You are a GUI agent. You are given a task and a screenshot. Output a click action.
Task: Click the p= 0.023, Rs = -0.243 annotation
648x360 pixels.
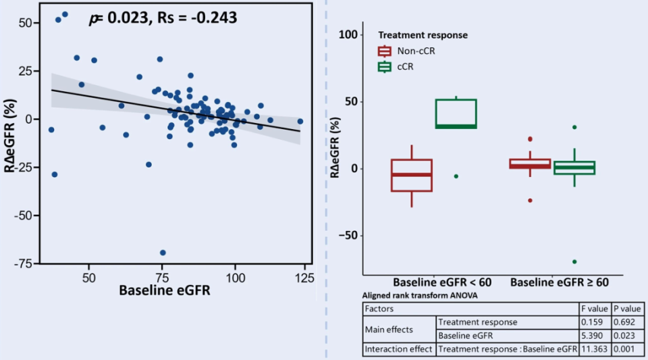163,18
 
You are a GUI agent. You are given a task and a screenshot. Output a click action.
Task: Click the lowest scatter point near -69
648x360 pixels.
163,253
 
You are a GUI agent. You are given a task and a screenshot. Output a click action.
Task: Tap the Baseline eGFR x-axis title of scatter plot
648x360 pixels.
164,292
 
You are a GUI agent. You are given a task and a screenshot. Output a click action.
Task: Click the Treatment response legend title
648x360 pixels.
423,35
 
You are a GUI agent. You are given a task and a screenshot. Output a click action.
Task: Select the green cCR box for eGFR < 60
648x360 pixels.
456,113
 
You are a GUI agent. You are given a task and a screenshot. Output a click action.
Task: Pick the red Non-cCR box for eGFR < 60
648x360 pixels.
412,176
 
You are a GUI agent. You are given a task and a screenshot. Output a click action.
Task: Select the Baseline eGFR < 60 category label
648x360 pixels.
442,282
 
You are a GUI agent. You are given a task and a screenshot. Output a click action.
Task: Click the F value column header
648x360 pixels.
595,309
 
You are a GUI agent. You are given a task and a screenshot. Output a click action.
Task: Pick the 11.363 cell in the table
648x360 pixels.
595,349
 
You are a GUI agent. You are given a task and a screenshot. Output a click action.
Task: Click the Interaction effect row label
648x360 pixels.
398,349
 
